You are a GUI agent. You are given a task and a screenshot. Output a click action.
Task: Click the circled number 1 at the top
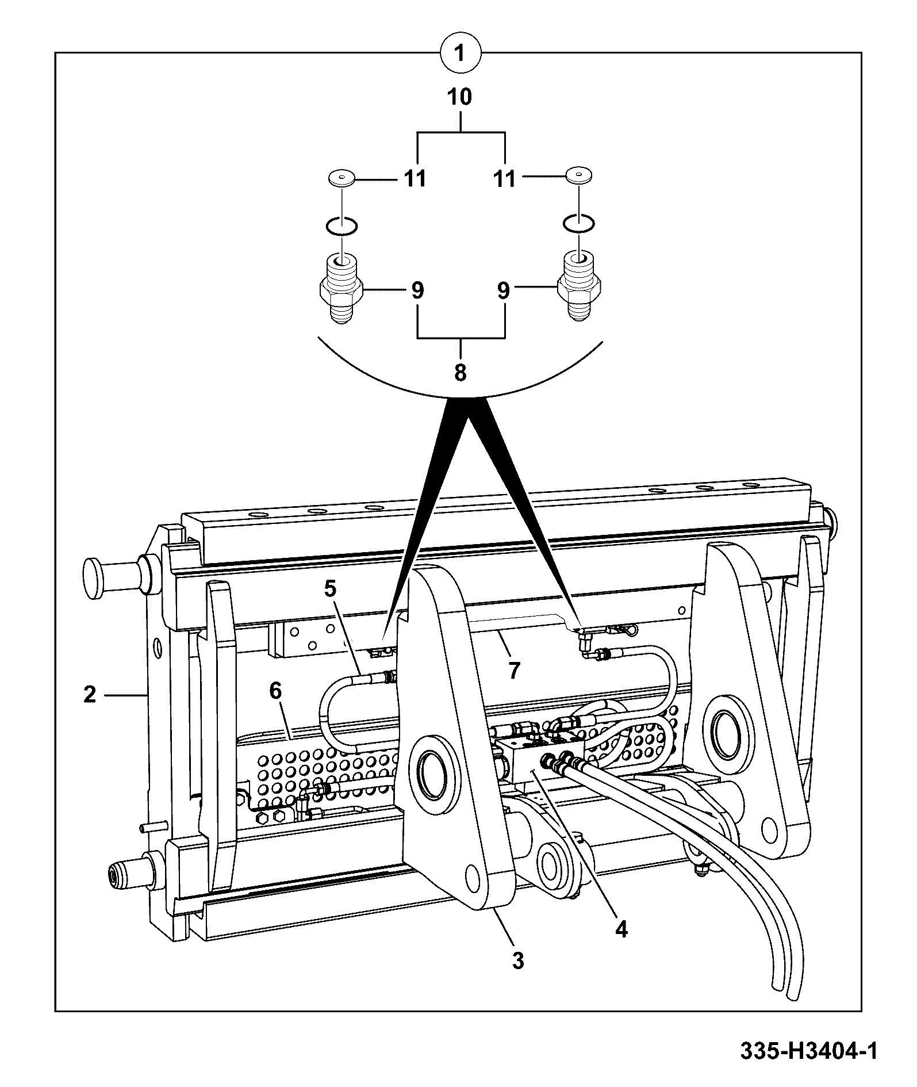pos(459,54)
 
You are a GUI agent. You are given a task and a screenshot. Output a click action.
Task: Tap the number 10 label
pos(460,97)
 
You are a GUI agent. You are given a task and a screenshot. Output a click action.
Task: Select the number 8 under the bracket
pos(460,373)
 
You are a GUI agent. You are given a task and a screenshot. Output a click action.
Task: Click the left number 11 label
pos(414,179)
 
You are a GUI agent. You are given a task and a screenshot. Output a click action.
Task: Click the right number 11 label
pos(504,179)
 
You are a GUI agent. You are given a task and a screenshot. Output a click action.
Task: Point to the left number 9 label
pos(417,290)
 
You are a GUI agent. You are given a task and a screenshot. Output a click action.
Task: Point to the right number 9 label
pos(503,290)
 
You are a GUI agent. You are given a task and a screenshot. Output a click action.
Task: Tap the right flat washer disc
pos(580,175)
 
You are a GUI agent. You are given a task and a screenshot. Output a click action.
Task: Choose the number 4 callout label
pos(621,929)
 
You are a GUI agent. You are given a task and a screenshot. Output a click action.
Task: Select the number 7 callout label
pos(513,670)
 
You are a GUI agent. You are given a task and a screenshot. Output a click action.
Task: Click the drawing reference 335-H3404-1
pos(808,1051)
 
